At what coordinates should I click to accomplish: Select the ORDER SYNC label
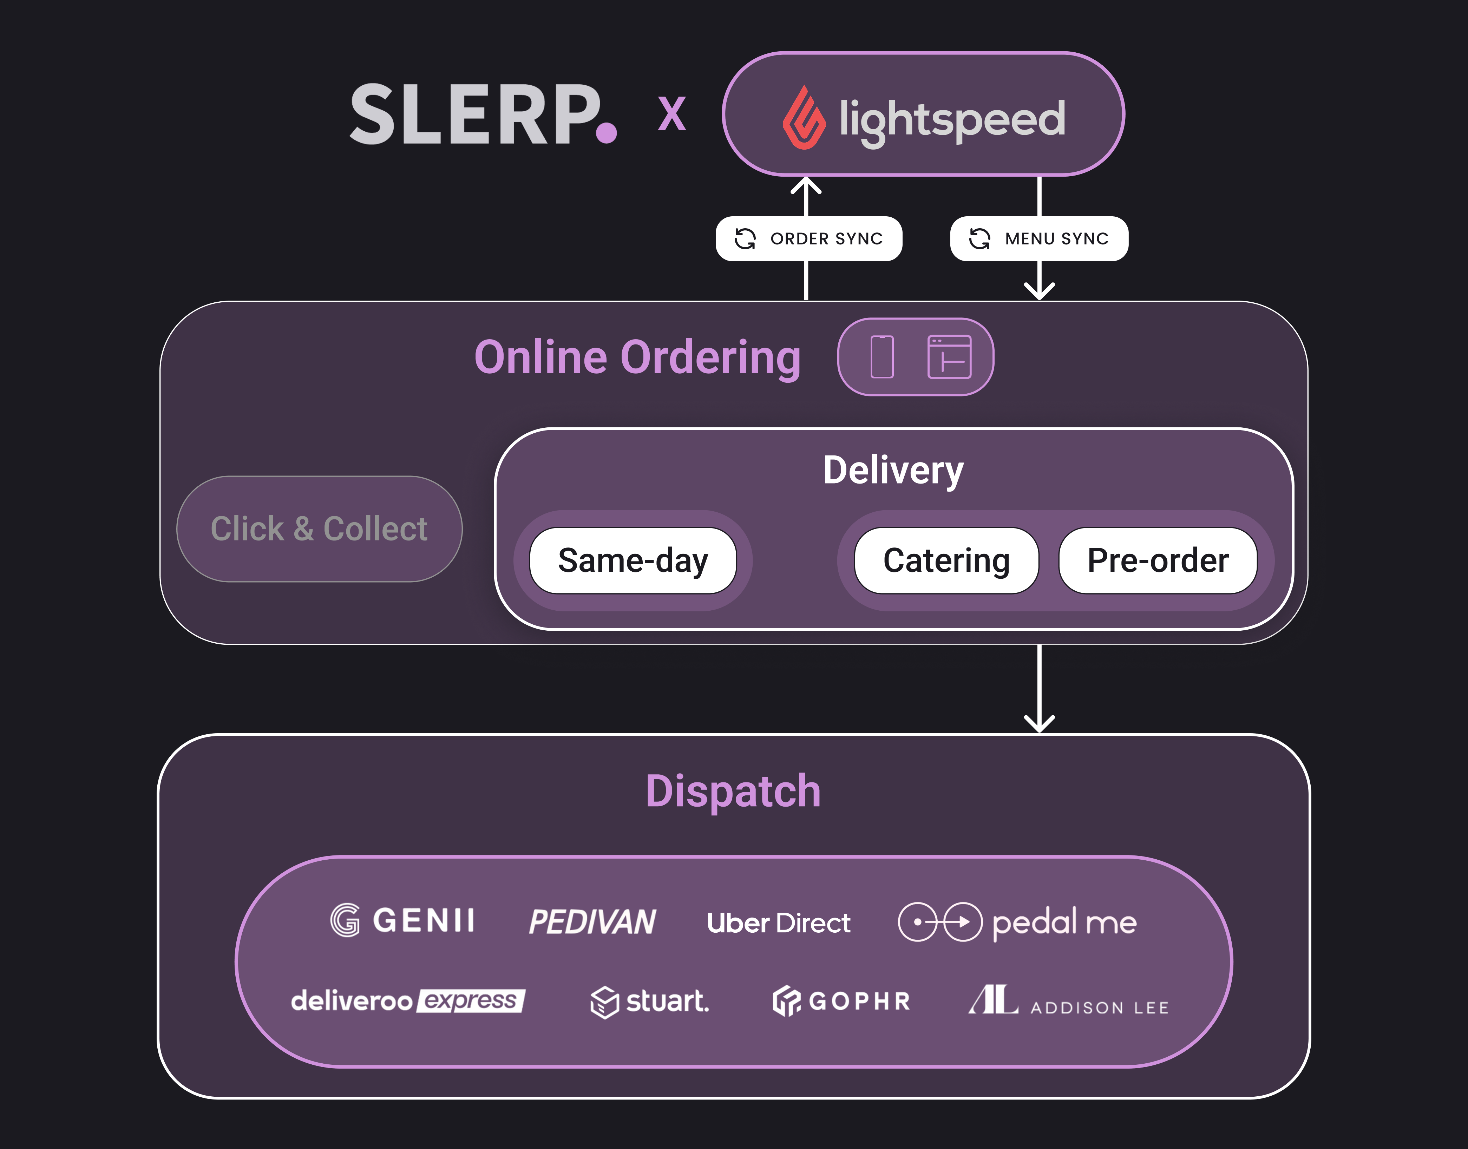(809, 239)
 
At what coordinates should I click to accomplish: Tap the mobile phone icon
(882, 357)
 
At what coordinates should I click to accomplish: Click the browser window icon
(949, 357)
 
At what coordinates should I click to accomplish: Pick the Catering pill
(946, 560)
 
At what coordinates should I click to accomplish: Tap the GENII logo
(402, 920)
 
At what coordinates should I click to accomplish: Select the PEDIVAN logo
(592, 921)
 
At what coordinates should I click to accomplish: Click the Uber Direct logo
(778, 923)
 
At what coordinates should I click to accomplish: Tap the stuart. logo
(650, 1002)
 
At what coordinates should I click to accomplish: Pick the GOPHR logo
(841, 1001)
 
